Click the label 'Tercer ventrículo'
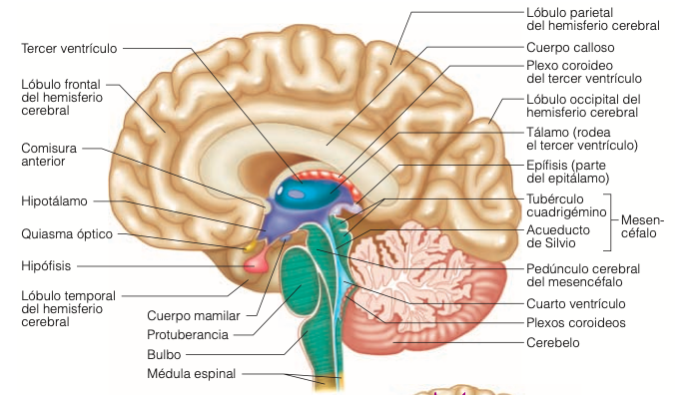tap(69, 48)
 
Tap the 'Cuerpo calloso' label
tap(570, 47)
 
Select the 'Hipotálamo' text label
tap(54, 200)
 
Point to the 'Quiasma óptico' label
tap(67, 233)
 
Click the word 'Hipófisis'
tap(46, 265)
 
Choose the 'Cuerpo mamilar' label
tap(194, 316)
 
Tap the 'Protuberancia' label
tap(188, 335)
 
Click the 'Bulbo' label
tap(164, 355)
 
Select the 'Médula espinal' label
tap(192, 373)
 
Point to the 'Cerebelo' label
tap(553, 342)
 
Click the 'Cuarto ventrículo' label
tap(576, 303)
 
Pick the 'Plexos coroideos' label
tap(576, 322)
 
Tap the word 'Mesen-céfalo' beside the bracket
tap(642, 226)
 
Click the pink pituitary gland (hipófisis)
tap(255, 263)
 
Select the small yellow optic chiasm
tap(251, 246)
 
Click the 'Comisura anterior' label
tap(49, 155)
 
